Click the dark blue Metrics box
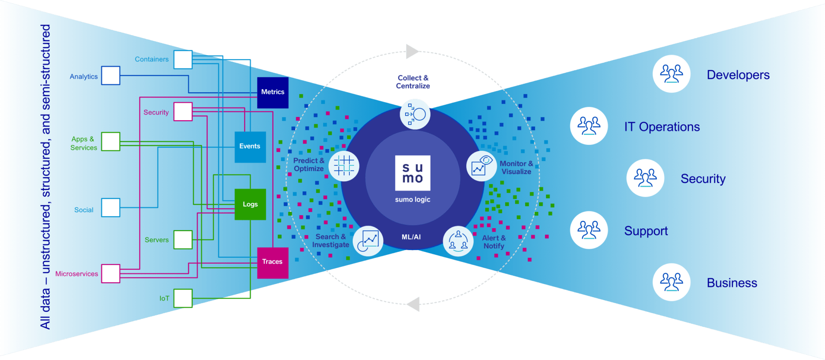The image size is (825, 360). pyautogui.click(x=272, y=92)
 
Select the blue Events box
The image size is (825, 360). pyautogui.click(x=250, y=146)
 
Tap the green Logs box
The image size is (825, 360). pyautogui.click(x=250, y=204)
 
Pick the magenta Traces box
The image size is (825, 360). pyautogui.click(x=272, y=262)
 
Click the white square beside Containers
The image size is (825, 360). pyautogui.click(x=183, y=59)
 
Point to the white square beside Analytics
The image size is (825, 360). pyautogui.click(x=111, y=76)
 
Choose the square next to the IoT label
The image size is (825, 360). pyautogui.click(x=183, y=298)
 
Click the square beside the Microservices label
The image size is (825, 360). pyautogui.click(x=111, y=274)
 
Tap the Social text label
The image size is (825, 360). pyautogui.click(x=84, y=210)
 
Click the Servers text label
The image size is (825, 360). pyautogui.click(x=156, y=240)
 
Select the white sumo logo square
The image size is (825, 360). pyautogui.click(x=412, y=173)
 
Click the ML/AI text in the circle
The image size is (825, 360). pyautogui.click(x=411, y=237)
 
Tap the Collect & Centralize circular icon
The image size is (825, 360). pyautogui.click(x=415, y=114)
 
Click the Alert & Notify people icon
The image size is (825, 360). pyautogui.click(x=458, y=241)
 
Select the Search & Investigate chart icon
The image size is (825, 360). pyautogui.click(x=368, y=241)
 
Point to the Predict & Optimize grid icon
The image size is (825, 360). pyautogui.click(x=344, y=166)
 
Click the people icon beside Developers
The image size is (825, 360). pyautogui.click(x=671, y=74)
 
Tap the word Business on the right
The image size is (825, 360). pyautogui.click(x=732, y=283)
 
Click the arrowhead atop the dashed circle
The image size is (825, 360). pyautogui.click(x=412, y=52)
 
